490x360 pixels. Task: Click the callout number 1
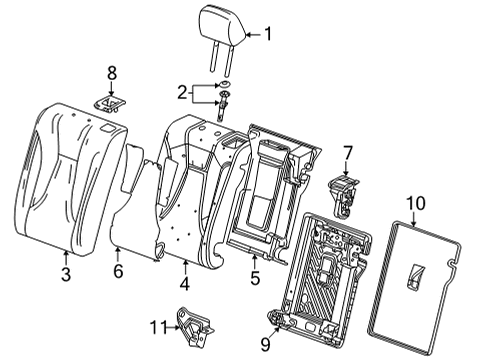(267, 34)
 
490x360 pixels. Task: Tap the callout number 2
(182, 93)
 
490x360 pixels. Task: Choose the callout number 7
(347, 153)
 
